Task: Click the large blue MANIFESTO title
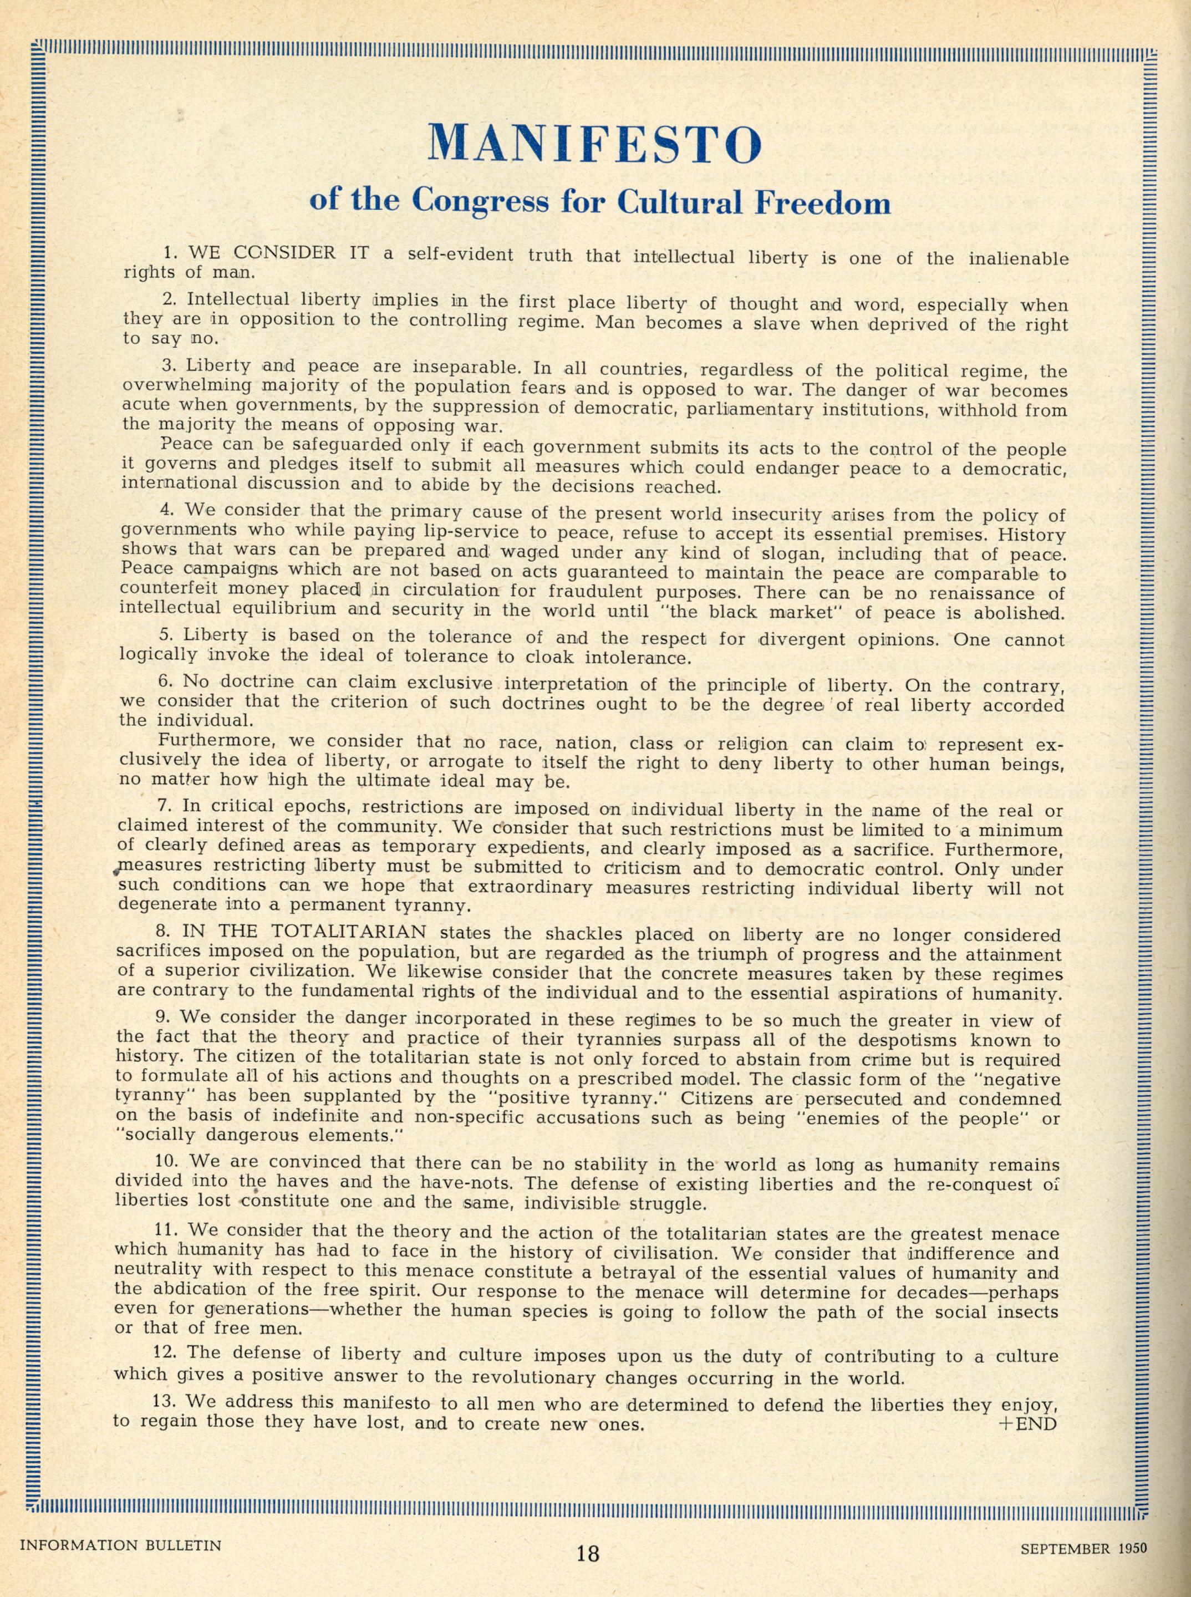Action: [595, 144]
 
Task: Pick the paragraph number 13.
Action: [164, 1402]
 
